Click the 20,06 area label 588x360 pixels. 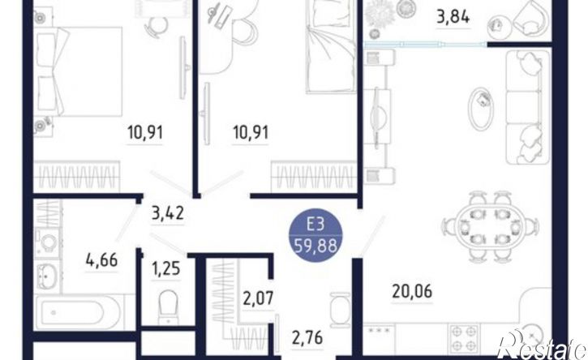point(412,291)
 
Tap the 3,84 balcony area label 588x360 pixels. point(453,17)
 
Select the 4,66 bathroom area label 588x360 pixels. point(101,259)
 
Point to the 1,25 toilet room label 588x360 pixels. point(165,268)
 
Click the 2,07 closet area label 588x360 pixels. point(258,299)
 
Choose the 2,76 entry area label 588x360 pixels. point(307,338)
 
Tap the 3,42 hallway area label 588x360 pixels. point(168,213)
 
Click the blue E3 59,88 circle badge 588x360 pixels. point(315,235)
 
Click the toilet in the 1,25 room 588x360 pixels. point(168,306)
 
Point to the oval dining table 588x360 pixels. point(490,227)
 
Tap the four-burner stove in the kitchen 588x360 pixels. point(465,339)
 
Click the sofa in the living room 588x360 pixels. point(528,107)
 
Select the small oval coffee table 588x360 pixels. point(480,109)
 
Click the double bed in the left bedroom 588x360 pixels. point(79,71)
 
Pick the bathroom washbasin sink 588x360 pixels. point(48,276)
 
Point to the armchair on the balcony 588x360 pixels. point(530,19)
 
